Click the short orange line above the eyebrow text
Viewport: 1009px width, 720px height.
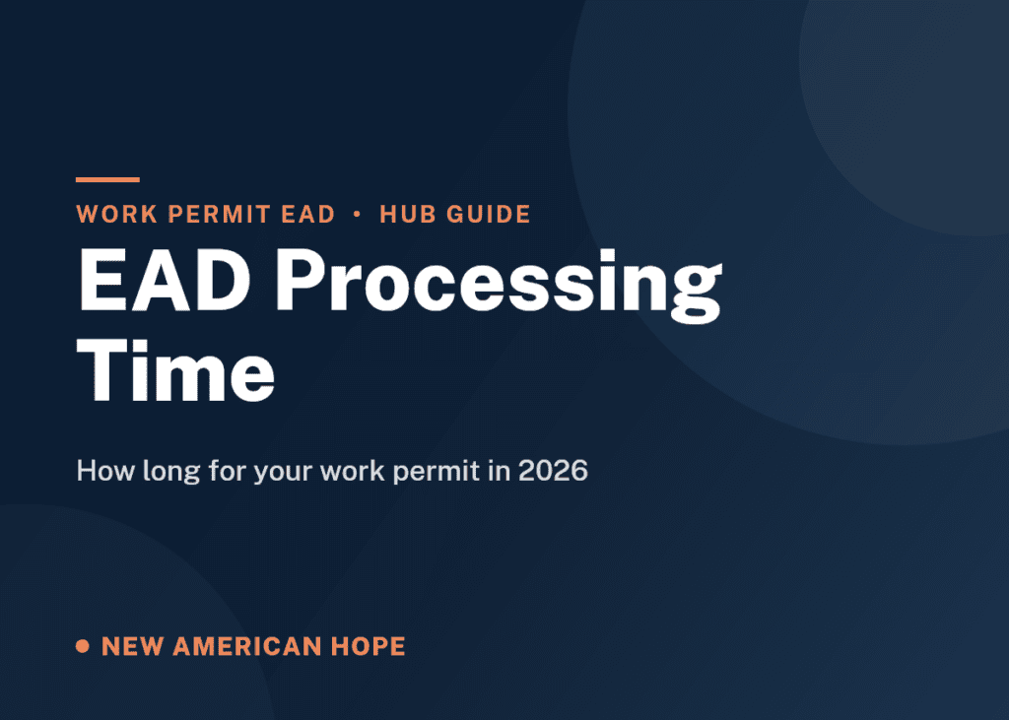click(107, 179)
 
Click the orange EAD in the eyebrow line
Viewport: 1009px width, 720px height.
click(308, 215)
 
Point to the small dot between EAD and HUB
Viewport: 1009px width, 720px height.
click(357, 215)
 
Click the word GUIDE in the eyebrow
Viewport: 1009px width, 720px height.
click(489, 215)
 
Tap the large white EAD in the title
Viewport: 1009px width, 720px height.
click(165, 281)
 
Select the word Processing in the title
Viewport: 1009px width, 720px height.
click(500, 286)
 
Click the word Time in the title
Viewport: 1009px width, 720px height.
click(175, 370)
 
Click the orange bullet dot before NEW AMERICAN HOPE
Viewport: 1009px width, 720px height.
click(83, 645)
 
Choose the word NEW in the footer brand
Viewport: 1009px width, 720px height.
click(133, 646)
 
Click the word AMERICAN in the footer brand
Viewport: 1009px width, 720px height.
click(247, 646)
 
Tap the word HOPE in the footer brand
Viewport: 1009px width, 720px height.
click(369, 646)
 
